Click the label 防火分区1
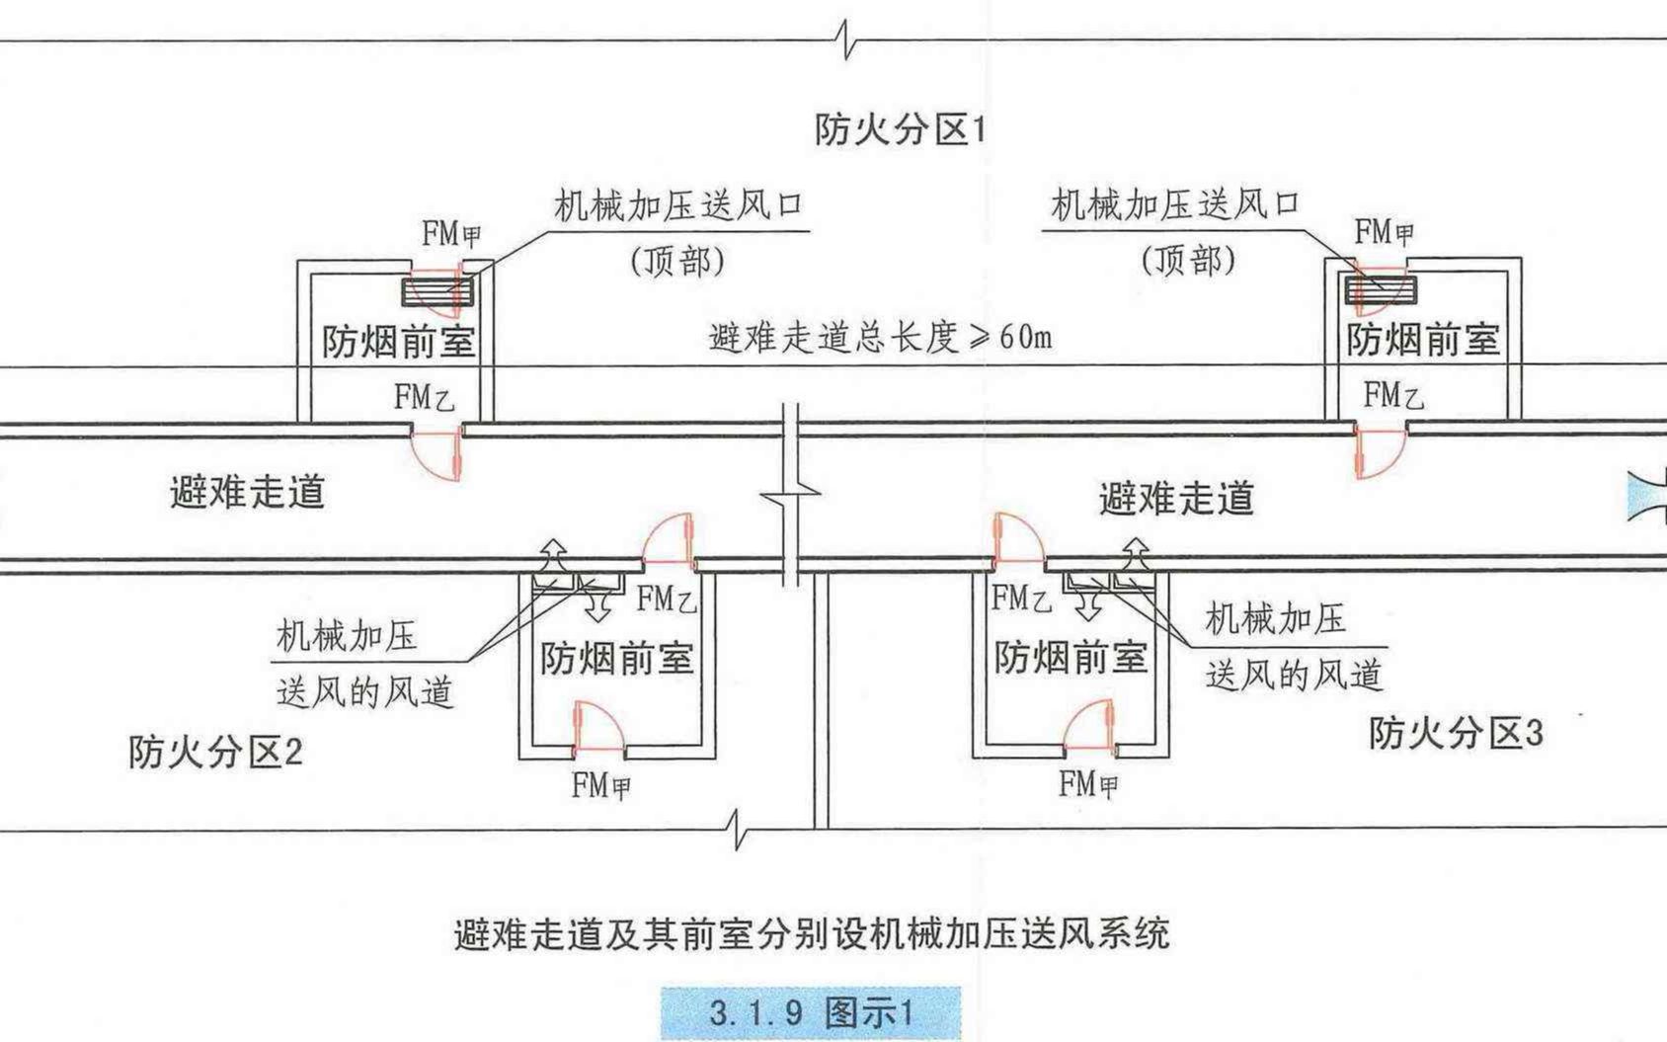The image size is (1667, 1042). click(899, 129)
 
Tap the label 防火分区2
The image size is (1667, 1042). click(214, 753)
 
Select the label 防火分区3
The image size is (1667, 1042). click(1455, 734)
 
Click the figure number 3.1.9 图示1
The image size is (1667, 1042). click(810, 1012)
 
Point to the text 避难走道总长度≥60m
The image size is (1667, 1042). click(880, 337)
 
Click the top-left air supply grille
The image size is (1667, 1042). click(437, 291)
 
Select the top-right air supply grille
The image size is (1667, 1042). click(1380, 289)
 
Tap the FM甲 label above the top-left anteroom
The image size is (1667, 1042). click(450, 235)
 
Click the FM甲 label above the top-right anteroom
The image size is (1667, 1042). click(1383, 233)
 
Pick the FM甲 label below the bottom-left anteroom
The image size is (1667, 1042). click(600, 786)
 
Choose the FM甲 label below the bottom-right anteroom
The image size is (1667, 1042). click(1088, 785)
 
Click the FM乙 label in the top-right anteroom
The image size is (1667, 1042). click(1392, 396)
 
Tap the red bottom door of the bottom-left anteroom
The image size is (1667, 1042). click(598, 729)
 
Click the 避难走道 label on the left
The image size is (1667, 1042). click(247, 491)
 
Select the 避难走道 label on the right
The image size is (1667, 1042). click(1175, 499)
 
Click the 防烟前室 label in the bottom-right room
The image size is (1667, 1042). click(1071, 658)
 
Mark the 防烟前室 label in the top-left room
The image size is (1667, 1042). click(398, 343)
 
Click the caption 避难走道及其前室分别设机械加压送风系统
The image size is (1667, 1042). click(811, 933)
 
